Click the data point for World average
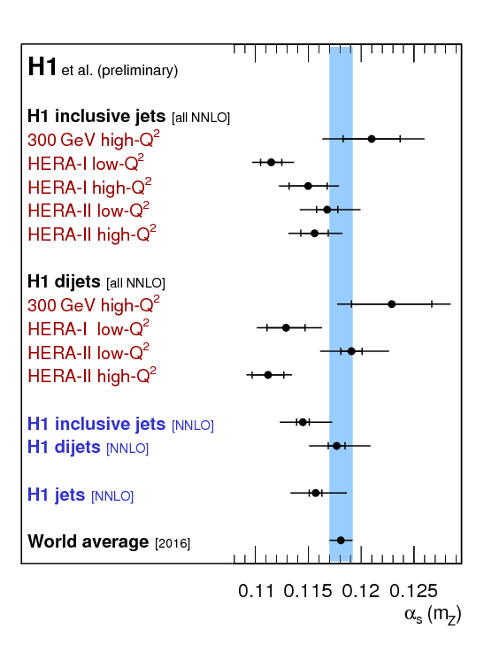click(341, 541)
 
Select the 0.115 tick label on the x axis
click(308, 591)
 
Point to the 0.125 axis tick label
click(413, 591)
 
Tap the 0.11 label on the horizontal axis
click(256, 591)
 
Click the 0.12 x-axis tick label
click(360, 591)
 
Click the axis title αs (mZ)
click(433, 615)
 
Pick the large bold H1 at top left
click(42, 66)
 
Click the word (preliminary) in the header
click(138, 71)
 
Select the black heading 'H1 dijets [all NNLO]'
click(96, 282)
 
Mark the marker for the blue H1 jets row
click(316, 493)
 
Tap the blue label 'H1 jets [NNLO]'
click(81, 495)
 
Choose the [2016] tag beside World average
click(173, 543)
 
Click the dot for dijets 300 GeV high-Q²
click(391, 304)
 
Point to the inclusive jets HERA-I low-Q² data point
click(271, 162)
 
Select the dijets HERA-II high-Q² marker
click(268, 374)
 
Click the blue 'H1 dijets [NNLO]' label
click(88, 448)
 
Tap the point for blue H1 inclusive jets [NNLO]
click(303, 422)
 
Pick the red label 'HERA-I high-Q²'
click(89, 187)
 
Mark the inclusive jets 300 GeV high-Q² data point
click(372, 139)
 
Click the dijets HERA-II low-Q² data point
click(351, 351)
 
